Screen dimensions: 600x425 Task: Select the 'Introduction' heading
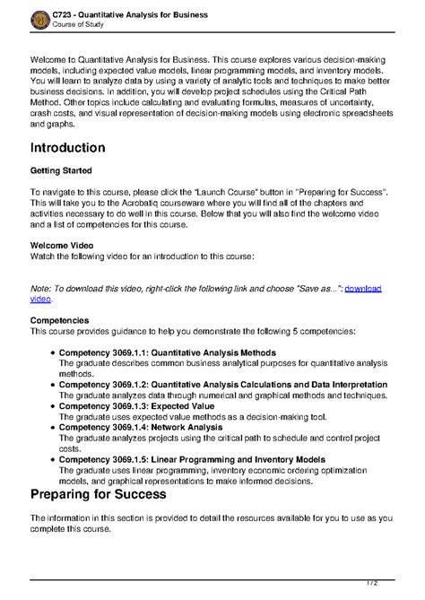(x=80, y=147)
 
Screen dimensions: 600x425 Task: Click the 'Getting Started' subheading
(x=61, y=170)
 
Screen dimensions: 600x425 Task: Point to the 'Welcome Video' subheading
(x=62, y=244)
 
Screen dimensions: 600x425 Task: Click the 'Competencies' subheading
(x=59, y=319)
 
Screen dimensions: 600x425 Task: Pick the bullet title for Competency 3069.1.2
(x=223, y=384)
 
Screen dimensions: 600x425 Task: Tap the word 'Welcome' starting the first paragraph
(x=48, y=57)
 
